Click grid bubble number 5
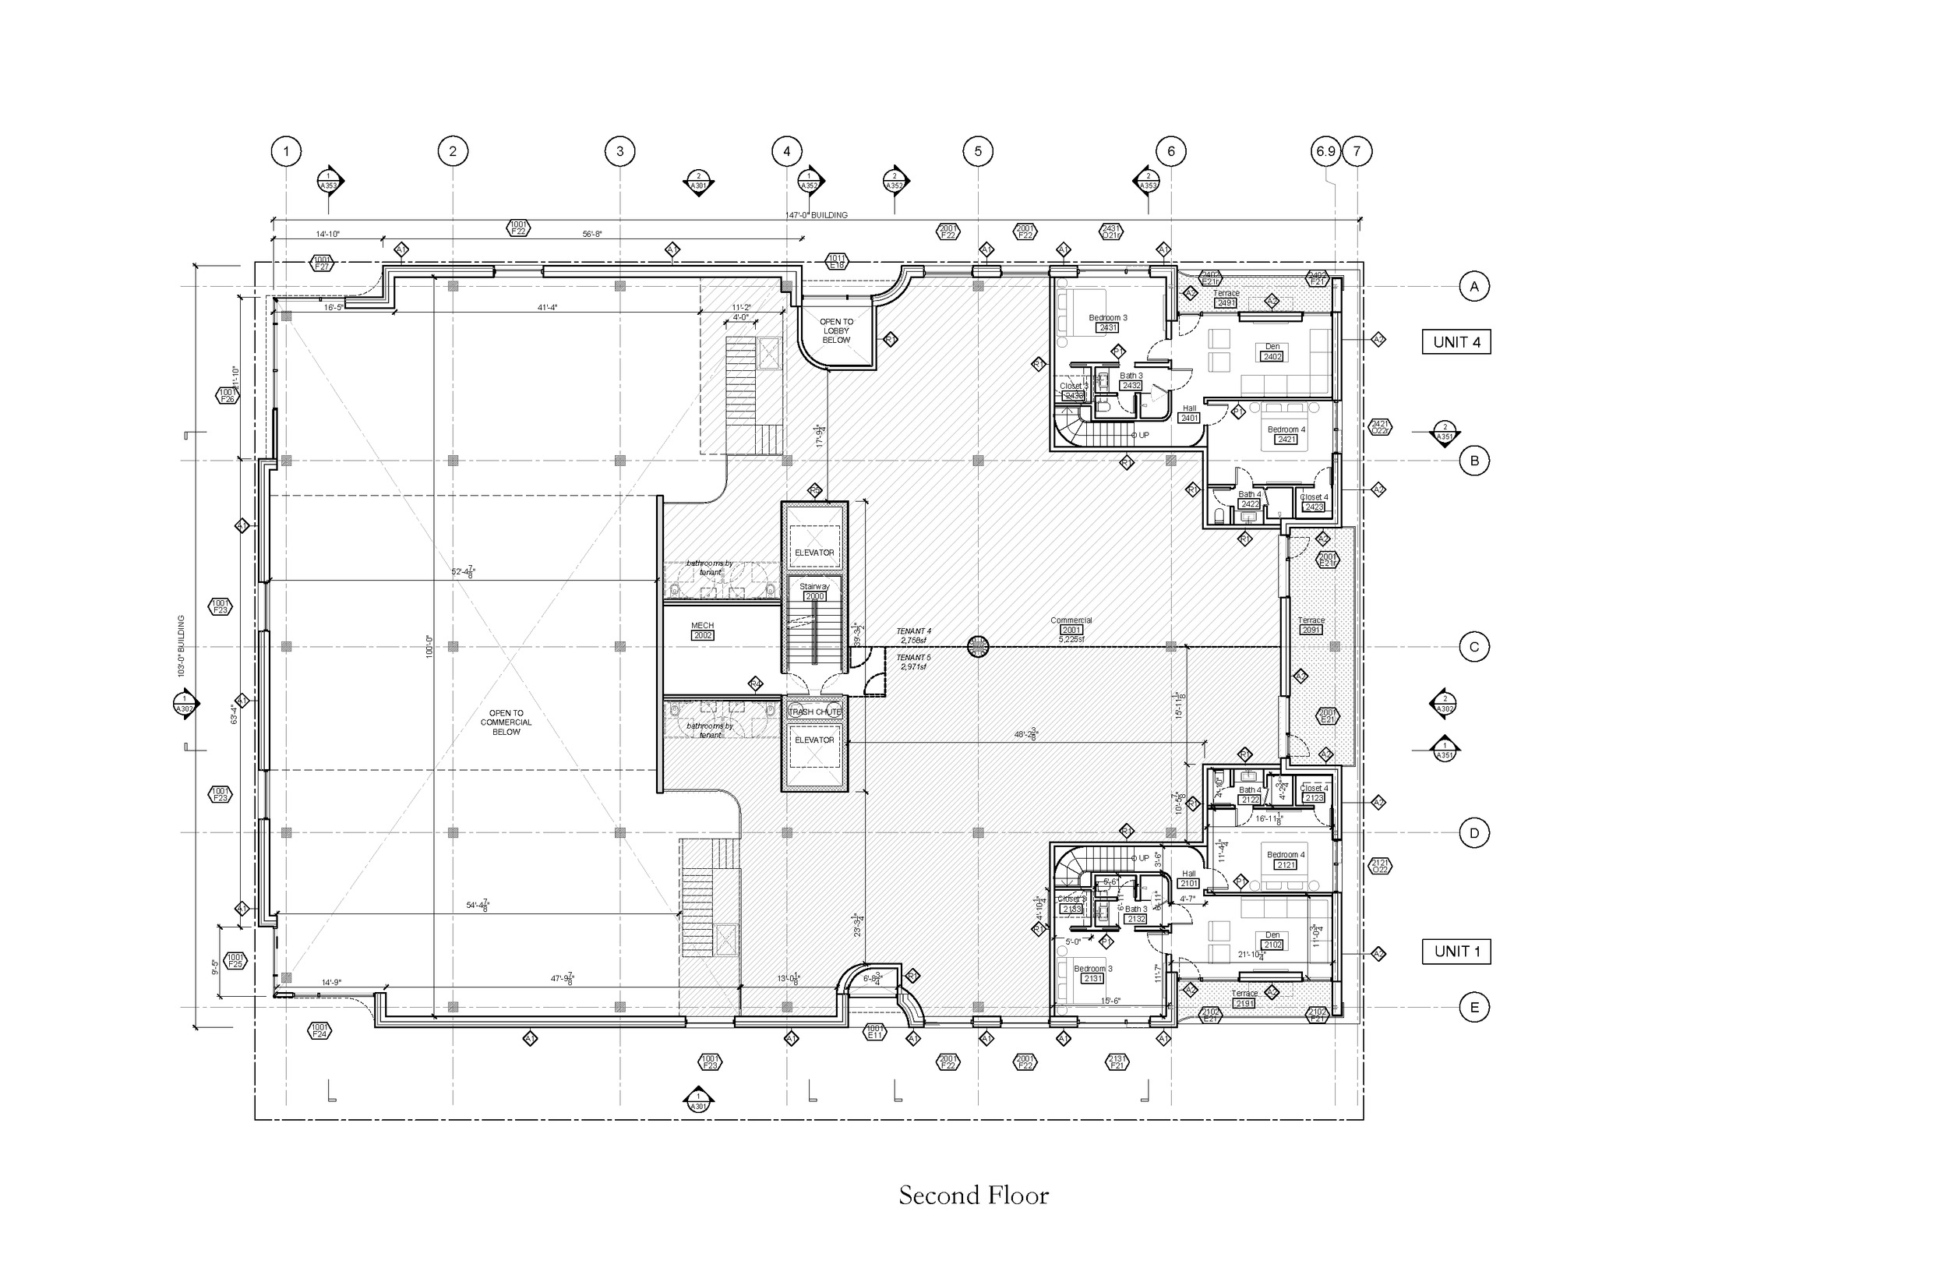(977, 150)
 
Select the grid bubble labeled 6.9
(1325, 150)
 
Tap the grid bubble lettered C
(1474, 647)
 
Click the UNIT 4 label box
(1456, 342)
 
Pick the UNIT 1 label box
(1456, 952)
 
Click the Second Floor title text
(973, 1196)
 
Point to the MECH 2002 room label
(702, 630)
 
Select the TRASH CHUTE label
(814, 712)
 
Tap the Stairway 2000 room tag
(814, 592)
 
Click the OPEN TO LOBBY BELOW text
(837, 330)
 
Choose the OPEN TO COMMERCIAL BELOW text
(506, 722)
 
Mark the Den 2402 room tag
(1272, 352)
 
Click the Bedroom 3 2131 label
(1092, 973)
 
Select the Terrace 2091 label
(1311, 626)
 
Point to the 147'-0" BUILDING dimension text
(816, 215)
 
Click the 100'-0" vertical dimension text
(428, 647)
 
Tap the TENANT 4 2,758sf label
(913, 635)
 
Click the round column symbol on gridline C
(977, 647)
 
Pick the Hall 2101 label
(1188, 879)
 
